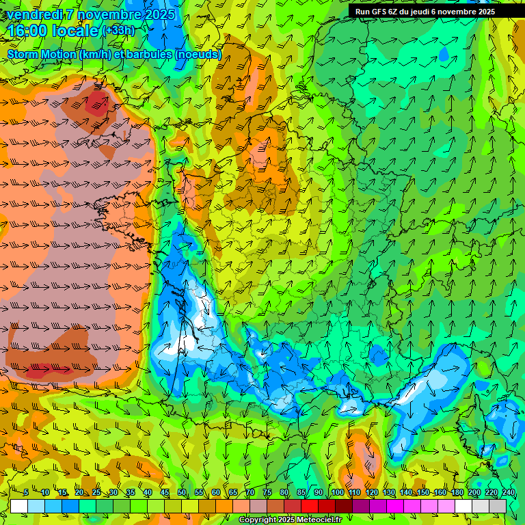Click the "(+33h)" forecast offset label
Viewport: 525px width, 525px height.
[118, 31]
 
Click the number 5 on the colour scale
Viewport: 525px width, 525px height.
[26, 493]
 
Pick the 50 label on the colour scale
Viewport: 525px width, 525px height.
[182, 493]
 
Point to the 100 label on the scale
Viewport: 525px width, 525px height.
[337, 493]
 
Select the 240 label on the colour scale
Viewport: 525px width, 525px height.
[509, 493]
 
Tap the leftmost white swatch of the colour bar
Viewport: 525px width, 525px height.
[19, 506]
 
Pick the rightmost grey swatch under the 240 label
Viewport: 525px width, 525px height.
[498, 506]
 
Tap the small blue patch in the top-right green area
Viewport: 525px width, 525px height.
[444, 52]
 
